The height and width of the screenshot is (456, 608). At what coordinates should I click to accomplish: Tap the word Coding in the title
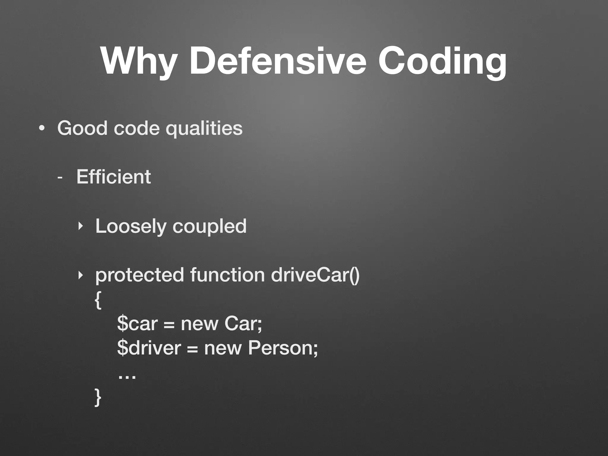click(x=442, y=62)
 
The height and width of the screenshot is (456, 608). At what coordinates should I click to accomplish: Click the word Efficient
click(x=113, y=177)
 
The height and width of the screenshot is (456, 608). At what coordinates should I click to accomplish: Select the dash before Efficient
click(x=60, y=178)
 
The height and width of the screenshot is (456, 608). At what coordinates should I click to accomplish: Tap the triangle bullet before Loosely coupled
click(x=80, y=227)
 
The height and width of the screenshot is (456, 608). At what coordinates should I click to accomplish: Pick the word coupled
click(x=209, y=227)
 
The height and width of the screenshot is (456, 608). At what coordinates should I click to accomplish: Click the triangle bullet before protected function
click(x=80, y=275)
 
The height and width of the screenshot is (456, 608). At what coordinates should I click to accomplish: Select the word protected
click(x=140, y=275)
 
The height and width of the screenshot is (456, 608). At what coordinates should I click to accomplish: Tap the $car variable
click(x=137, y=324)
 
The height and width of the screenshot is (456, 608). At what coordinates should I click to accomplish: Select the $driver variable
click(x=149, y=348)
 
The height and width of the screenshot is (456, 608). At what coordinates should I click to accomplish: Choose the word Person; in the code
click(x=283, y=348)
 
